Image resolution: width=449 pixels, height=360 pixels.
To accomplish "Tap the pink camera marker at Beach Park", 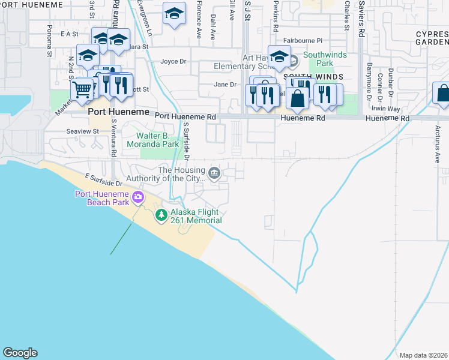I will (x=139, y=197).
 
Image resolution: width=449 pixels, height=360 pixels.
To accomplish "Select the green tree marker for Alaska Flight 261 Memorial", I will (x=161, y=215).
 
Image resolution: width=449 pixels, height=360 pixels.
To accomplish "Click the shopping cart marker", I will (x=82, y=90).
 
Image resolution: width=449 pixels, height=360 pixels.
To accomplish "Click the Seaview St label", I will (x=82, y=131).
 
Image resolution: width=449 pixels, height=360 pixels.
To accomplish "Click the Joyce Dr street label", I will (x=173, y=61).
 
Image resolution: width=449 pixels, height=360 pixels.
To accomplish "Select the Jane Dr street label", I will (x=225, y=85).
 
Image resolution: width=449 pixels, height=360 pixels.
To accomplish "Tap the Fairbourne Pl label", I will (x=303, y=41).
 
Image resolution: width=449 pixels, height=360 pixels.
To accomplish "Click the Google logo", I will (x=20, y=353).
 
